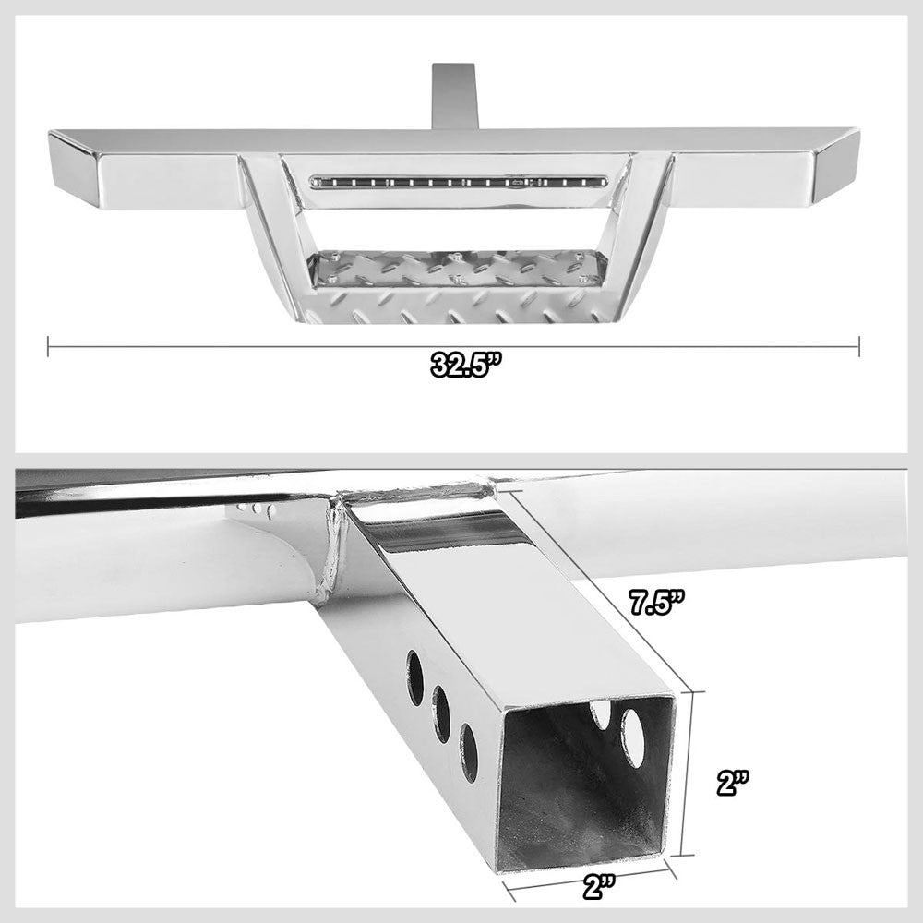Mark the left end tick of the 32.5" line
[x=48, y=346]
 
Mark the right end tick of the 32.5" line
[x=859, y=346]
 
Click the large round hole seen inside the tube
[x=633, y=737]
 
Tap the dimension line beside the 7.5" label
[x=600, y=591]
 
